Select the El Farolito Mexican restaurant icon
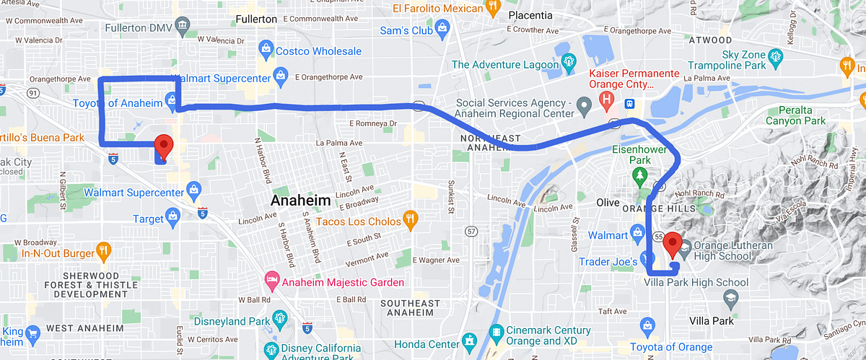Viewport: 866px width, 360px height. (x=494, y=8)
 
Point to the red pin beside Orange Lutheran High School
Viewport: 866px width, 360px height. (x=673, y=245)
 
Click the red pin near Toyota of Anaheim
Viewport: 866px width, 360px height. (x=163, y=146)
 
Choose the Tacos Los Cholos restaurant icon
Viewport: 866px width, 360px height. (x=410, y=220)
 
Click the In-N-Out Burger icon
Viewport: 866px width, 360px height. (x=103, y=252)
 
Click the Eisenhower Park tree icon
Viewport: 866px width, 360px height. (x=639, y=175)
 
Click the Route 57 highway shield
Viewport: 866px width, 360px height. (x=471, y=232)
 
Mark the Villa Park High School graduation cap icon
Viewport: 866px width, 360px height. (x=731, y=297)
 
